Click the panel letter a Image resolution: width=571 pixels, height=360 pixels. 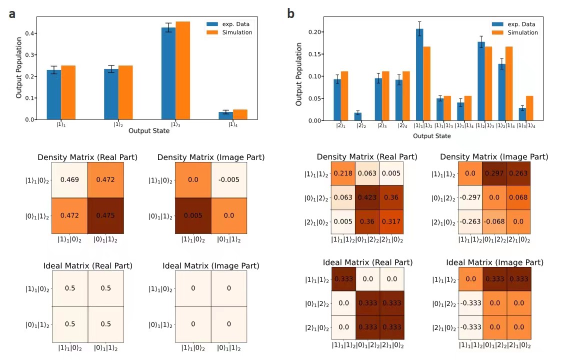(x=12, y=14)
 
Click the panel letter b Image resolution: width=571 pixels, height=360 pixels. (x=290, y=14)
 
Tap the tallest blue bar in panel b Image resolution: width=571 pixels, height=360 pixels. (x=419, y=74)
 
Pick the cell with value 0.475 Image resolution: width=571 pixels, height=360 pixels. (x=105, y=216)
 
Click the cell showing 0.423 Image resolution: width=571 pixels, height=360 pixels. (x=367, y=197)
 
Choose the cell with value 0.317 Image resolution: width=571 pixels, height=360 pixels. (x=391, y=220)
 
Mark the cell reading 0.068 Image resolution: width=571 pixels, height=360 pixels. (x=518, y=197)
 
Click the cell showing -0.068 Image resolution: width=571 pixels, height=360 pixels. (x=494, y=220)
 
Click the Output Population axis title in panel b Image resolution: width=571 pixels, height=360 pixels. (x=299, y=74)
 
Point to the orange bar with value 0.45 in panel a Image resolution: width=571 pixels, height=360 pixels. (x=183, y=70)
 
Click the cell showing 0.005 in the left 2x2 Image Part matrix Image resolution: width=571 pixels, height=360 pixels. (x=193, y=216)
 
